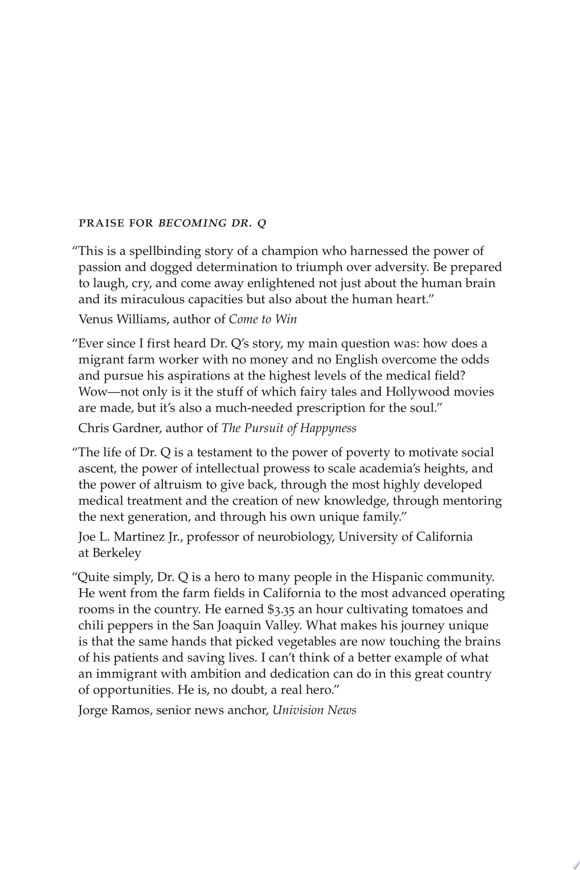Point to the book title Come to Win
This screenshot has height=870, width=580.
263,319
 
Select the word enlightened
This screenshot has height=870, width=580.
281,284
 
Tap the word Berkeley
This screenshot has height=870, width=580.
117,553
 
